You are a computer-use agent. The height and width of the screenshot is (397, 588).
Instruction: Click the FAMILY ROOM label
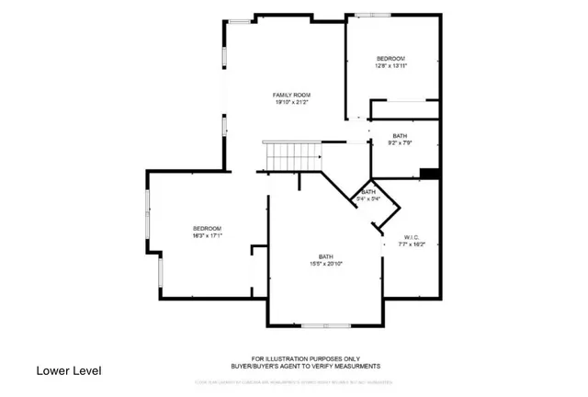point(291,95)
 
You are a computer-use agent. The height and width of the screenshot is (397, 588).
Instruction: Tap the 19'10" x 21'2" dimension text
point(291,103)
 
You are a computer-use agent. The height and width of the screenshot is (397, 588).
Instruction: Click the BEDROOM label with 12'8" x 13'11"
point(390,58)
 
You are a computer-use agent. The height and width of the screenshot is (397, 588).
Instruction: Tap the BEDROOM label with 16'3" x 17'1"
point(207,228)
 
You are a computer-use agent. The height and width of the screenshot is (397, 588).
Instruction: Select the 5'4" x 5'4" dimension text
point(368,198)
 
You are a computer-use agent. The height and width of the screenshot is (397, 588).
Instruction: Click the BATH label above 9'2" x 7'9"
point(400,135)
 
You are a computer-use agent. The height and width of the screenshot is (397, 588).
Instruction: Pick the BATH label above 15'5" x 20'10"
point(325,256)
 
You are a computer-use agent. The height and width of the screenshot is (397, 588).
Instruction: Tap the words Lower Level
point(69,370)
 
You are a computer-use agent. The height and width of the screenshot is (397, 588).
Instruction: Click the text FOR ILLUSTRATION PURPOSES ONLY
point(306,358)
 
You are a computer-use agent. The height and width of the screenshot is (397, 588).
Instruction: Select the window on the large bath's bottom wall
point(325,325)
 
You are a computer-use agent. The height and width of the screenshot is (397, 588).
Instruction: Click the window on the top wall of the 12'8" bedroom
point(373,15)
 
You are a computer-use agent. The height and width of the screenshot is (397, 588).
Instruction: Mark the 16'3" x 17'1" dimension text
point(207,236)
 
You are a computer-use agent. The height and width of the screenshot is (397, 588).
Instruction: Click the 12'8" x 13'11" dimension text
point(390,66)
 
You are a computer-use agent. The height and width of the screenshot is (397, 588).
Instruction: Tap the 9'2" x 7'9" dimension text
point(400,143)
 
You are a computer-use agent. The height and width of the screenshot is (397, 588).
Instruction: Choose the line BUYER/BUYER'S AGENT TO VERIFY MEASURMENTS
point(306,366)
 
